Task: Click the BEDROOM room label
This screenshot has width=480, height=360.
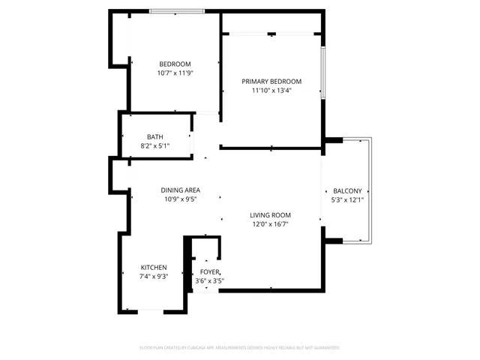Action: tap(175, 64)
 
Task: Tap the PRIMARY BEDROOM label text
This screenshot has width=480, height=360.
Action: tap(271, 81)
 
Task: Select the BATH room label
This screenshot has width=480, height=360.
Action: tap(155, 136)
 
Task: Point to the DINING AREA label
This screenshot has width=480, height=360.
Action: tap(180, 190)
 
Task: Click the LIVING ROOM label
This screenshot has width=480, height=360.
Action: tap(270, 214)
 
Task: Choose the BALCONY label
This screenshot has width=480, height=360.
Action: tap(347, 191)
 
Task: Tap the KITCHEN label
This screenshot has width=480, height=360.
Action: tap(154, 268)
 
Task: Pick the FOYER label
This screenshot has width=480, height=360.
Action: tap(210, 271)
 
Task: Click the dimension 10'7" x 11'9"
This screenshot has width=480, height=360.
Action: tap(175, 73)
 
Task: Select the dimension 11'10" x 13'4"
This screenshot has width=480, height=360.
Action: tap(271, 91)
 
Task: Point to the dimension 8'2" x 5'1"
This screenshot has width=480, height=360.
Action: tap(155, 145)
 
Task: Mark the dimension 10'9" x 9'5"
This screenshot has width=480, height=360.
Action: tap(180, 200)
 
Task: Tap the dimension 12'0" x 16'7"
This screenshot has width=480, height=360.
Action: tap(270, 224)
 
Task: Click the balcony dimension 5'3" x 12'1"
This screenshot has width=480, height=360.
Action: tap(347, 201)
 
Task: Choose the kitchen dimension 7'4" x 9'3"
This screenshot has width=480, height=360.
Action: tap(154, 277)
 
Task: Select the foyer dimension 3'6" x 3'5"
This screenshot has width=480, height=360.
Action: tap(210, 281)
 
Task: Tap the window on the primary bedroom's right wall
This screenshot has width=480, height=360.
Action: tap(322, 72)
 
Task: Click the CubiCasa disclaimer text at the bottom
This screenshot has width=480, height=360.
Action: tap(240, 348)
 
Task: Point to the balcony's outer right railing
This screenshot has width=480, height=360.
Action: tap(370, 190)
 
